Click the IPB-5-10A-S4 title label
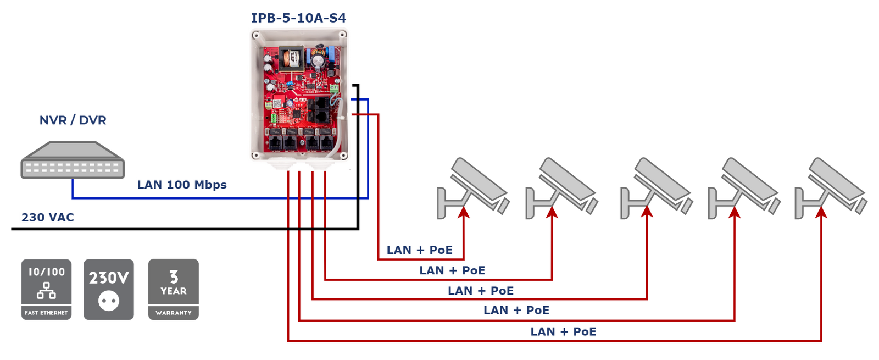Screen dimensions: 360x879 coord(298,18)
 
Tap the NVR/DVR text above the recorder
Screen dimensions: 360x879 coord(73,120)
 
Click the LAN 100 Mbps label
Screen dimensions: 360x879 coord(182,185)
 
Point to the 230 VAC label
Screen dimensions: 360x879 coord(47,217)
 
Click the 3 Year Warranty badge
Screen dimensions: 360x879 coord(173,289)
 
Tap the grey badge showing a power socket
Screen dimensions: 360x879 coord(109,289)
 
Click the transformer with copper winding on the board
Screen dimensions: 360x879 coord(292,58)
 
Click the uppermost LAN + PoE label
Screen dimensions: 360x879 coord(419,250)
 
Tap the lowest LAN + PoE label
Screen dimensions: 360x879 coord(563,331)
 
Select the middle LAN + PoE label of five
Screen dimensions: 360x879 coord(481,291)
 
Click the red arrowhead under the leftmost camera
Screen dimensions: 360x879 coord(464,213)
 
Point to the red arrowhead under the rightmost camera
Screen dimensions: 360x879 coord(821,213)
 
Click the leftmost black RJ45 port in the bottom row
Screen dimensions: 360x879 coord(275,143)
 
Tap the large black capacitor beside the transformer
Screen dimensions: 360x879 coord(318,59)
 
